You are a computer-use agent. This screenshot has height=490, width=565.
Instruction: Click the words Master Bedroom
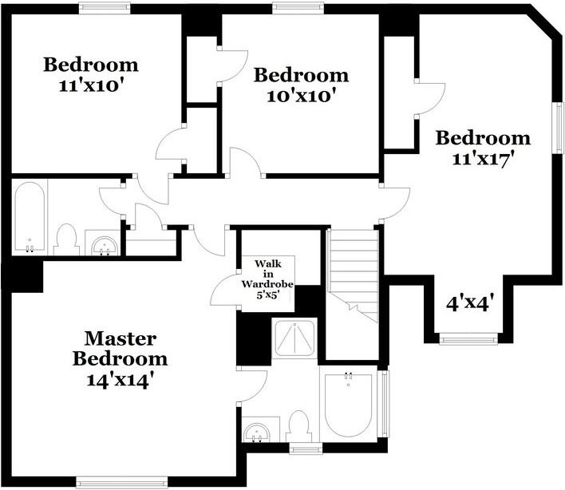pyautogui.click(x=120, y=347)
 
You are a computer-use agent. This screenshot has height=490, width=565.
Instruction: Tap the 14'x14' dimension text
pyautogui.click(x=120, y=378)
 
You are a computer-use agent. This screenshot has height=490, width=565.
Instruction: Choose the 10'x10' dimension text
pyautogui.click(x=300, y=96)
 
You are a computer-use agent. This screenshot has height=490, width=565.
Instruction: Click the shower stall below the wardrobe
pyautogui.click(x=294, y=339)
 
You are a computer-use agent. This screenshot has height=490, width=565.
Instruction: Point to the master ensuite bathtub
pyautogui.click(x=348, y=403)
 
